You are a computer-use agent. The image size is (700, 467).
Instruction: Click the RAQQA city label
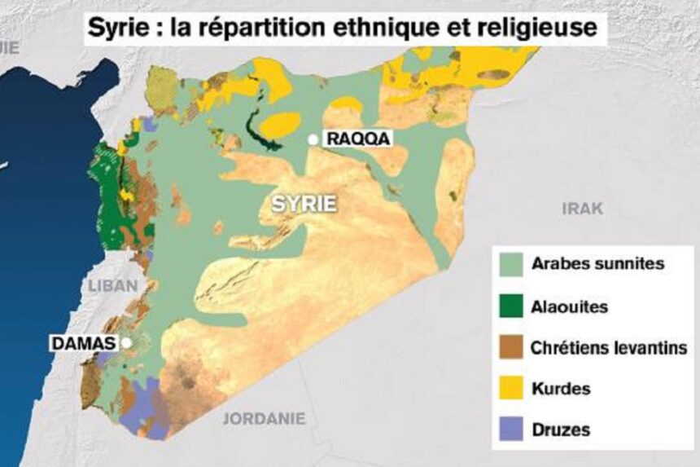pyautogui.click(x=357, y=139)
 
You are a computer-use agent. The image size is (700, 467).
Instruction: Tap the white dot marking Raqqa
pyautogui.click(x=313, y=139)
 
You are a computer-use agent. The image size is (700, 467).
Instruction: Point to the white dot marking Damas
pyautogui.click(x=127, y=343)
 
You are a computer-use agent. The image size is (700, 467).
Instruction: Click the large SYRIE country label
pyautogui.click(x=304, y=204)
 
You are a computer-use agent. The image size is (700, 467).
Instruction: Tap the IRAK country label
pyautogui.click(x=583, y=209)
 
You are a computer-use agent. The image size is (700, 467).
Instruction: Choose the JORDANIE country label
pyautogui.click(x=265, y=419)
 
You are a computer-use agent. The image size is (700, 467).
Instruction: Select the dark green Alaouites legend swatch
pyautogui.click(x=509, y=306)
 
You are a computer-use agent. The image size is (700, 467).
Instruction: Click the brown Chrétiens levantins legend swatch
pyautogui.click(x=509, y=348)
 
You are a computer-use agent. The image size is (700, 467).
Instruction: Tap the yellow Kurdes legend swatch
pyautogui.click(x=509, y=389)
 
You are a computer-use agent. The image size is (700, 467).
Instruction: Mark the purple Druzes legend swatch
pyautogui.click(x=509, y=430)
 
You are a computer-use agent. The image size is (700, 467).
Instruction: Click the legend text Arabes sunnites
pyautogui.click(x=597, y=264)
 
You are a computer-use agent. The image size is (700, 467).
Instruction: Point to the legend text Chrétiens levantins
pyautogui.click(x=609, y=348)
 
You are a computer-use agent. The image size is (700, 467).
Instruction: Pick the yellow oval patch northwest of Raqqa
pyautogui.click(x=281, y=124)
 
